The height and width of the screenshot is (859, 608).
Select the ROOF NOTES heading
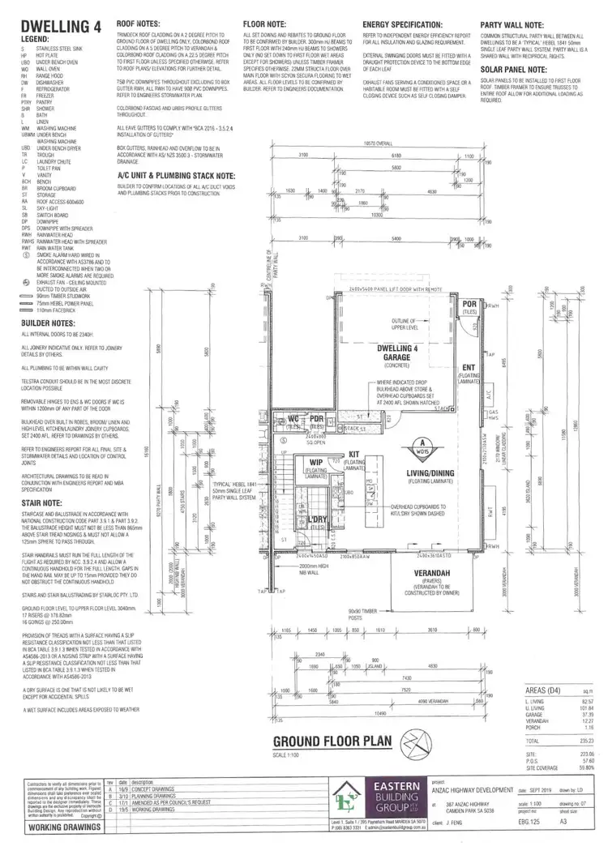(x=138, y=26)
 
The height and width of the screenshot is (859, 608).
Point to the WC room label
(x=295, y=418)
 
